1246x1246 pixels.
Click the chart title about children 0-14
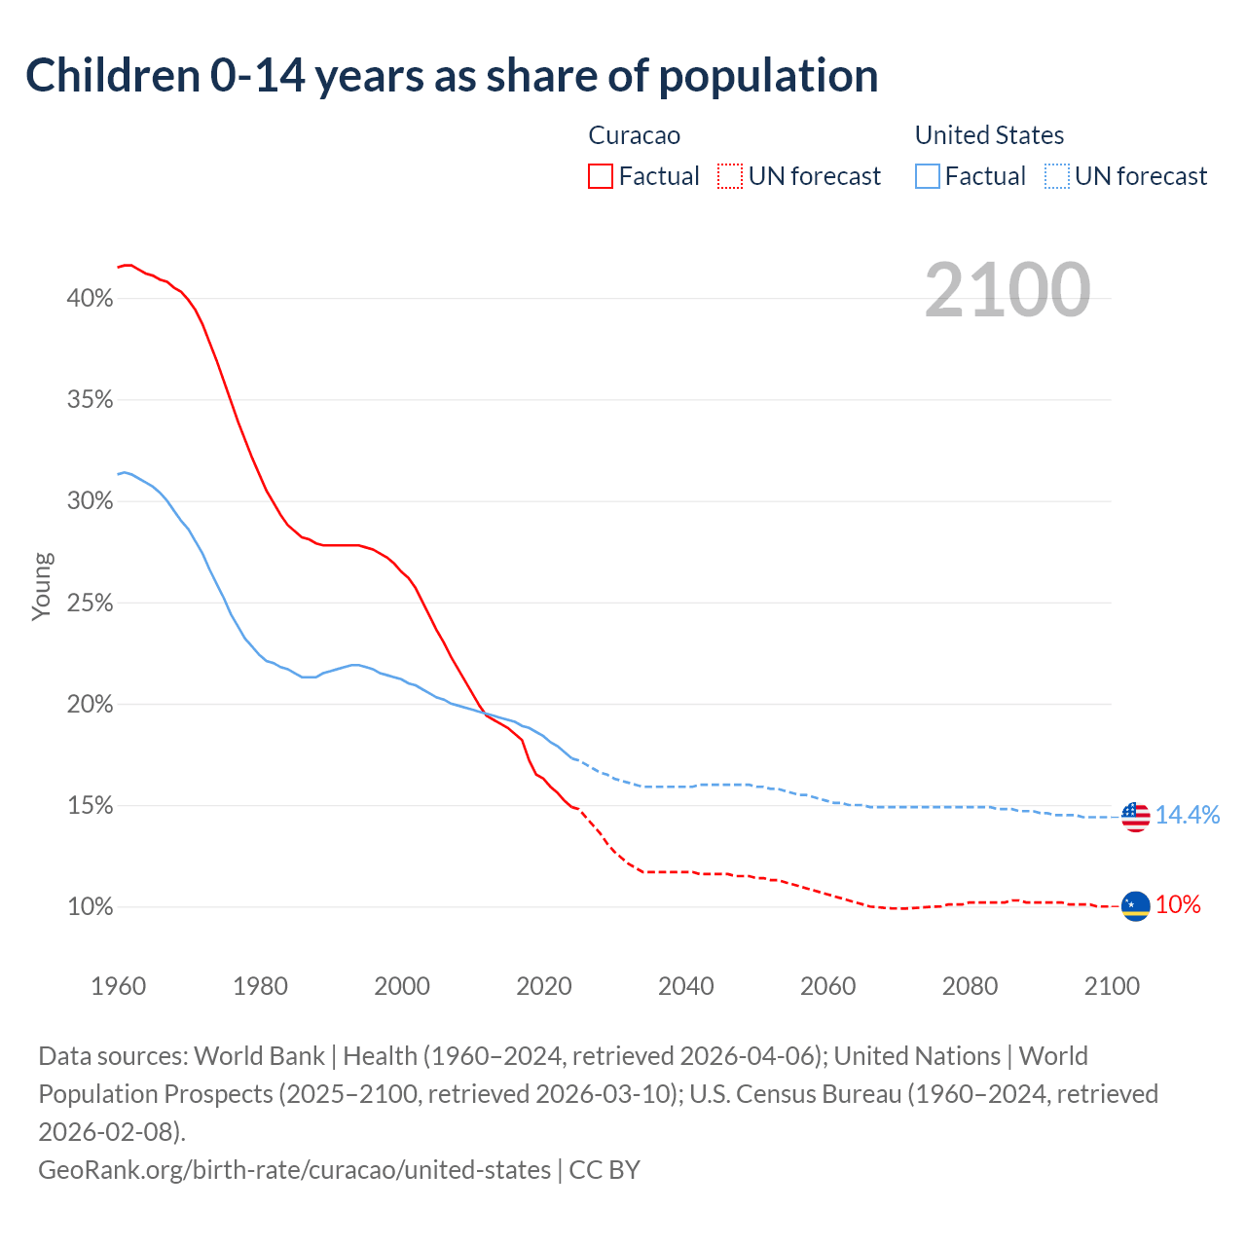pos(452,76)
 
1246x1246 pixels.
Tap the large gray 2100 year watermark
pos(1008,290)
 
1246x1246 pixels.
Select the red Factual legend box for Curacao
pos(601,176)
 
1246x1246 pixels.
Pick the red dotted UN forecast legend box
pos(729,176)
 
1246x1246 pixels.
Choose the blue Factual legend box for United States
pos(928,176)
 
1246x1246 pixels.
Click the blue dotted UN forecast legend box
pos(1056,176)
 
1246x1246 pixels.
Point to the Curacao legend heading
pos(634,135)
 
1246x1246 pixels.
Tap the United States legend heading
pos(989,135)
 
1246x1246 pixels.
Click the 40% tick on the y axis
pos(90,299)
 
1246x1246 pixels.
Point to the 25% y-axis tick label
pos(90,604)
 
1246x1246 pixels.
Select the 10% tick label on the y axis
pos(90,907)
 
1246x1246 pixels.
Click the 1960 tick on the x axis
pos(119,986)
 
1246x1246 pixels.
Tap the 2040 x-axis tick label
pos(686,986)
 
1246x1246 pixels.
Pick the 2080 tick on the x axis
pos(970,986)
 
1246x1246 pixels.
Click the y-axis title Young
pos(42,586)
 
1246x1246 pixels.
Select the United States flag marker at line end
pos(1136,817)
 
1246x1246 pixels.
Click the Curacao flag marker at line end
pos(1136,906)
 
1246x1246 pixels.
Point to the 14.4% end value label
pos(1188,816)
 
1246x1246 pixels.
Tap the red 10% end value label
pos(1178,905)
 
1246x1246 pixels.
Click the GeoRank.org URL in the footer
pos(294,1169)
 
